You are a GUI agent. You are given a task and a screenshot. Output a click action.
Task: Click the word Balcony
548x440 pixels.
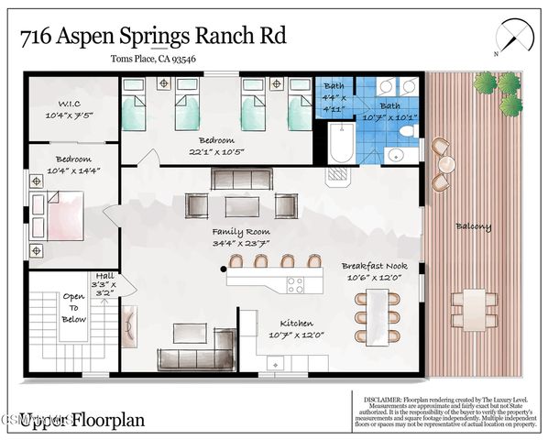[x=473, y=226]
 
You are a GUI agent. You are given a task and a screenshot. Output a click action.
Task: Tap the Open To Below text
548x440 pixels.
[x=73, y=308]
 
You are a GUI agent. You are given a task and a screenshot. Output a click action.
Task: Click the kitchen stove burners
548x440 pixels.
[x=296, y=284]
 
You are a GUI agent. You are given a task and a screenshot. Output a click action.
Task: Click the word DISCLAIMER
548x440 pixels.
[x=380, y=399]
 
